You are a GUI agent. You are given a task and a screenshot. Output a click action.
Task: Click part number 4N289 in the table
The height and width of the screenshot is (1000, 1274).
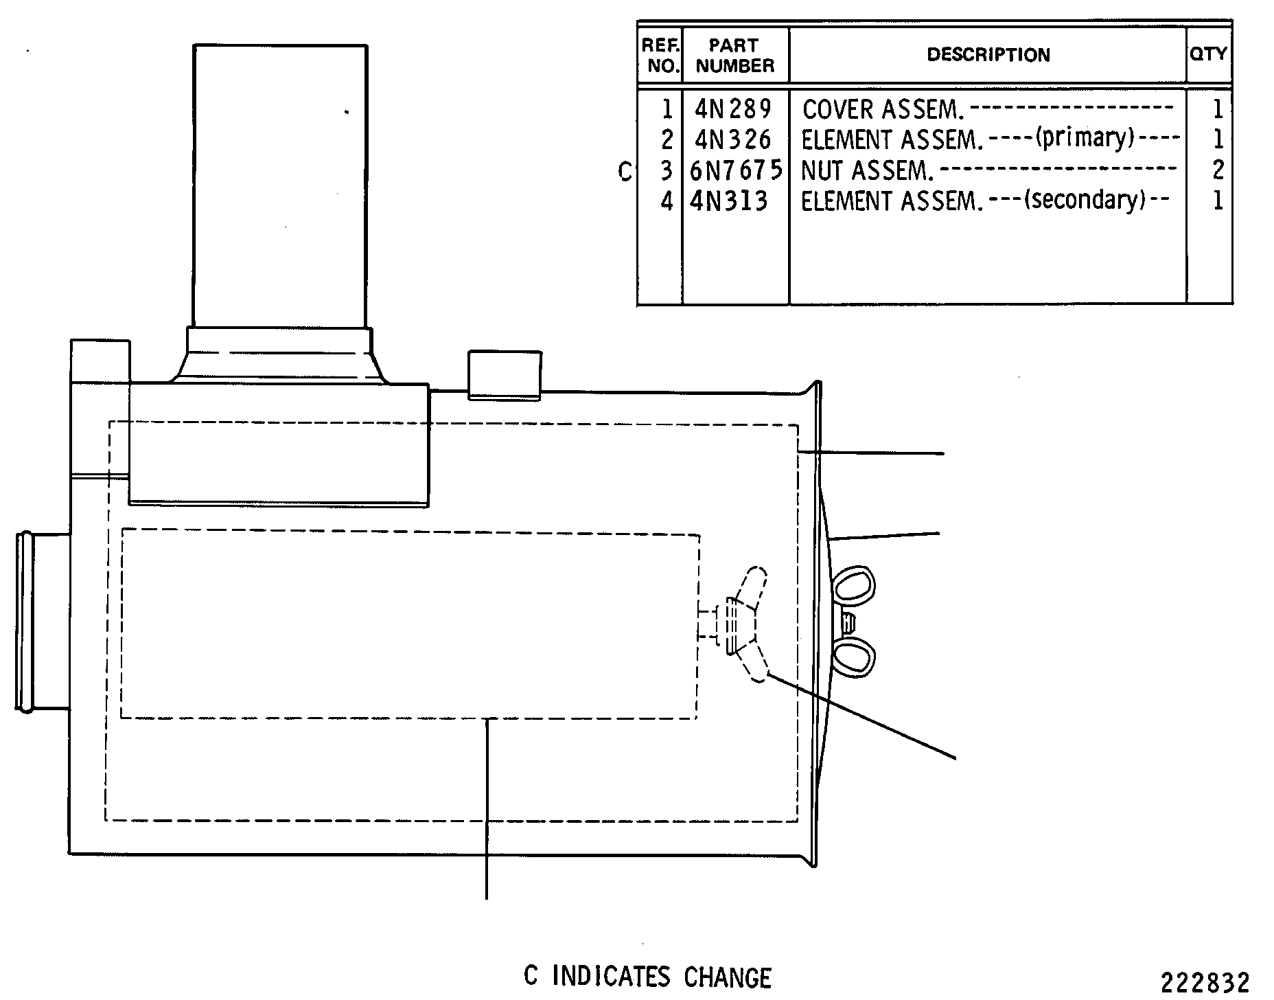[x=733, y=109]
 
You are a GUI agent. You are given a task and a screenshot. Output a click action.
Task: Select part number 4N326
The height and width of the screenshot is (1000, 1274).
[x=733, y=139]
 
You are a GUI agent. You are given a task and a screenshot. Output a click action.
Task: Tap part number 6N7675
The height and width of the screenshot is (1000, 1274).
[x=736, y=170]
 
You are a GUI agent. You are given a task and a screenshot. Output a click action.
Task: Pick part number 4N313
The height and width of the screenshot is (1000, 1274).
[x=728, y=201]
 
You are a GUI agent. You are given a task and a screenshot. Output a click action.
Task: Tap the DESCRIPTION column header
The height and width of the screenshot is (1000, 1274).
[x=988, y=55]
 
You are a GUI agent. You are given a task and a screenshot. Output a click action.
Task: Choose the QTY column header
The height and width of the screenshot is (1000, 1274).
[x=1209, y=54]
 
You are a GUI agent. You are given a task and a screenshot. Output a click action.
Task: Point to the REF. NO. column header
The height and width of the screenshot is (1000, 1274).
[x=661, y=56]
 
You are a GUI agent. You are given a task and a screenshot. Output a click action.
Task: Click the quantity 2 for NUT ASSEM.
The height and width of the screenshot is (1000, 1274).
[x=1218, y=170]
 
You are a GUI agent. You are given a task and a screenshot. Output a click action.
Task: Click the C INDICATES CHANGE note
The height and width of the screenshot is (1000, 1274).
[x=647, y=977]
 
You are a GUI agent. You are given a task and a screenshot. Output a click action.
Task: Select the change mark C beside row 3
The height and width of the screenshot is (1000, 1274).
[x=625, y=171]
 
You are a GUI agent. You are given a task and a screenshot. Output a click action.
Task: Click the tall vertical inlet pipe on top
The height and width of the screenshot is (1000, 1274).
[x=280, y=186]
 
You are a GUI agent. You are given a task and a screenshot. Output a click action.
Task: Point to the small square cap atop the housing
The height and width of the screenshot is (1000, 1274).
[x=505, y=374]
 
